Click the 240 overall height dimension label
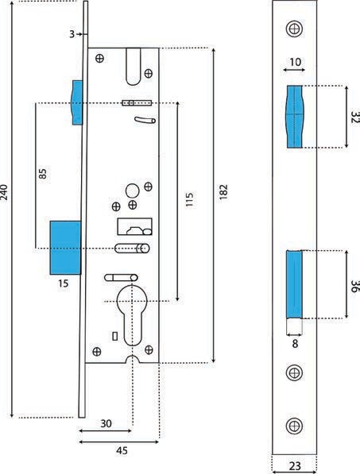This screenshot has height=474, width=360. point(5,191)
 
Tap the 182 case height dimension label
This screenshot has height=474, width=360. point(223,191)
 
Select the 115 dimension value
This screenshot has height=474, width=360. point(189,199)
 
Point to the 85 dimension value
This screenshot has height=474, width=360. point(43,174)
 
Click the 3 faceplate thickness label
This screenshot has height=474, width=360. point(72,34)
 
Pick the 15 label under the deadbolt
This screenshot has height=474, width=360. point(64,283)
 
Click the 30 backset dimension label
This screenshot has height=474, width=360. point(106,423)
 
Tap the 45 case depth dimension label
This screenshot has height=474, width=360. point(122,451)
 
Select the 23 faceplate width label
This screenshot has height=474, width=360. point(295,465)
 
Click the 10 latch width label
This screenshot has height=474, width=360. point(296,62)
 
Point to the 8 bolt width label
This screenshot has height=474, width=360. point(295,344)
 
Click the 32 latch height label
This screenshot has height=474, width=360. point(354,117)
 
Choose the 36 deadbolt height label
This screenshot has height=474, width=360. point(354,287)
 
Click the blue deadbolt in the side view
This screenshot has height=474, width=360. point(65,248)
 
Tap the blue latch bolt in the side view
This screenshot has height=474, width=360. point(77,102)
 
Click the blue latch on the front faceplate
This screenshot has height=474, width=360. point(294,117)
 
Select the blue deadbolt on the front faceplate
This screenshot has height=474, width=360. point(294,284)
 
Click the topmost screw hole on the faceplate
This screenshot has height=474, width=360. point(294,29)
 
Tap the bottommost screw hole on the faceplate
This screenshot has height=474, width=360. point(294,426)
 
